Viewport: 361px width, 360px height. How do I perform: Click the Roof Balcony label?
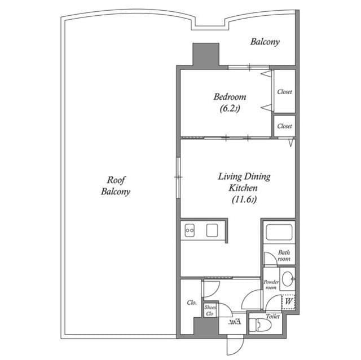tap(116, 185)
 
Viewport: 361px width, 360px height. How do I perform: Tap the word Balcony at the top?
tap(265, 42)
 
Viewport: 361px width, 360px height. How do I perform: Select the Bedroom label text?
tap(230, 96)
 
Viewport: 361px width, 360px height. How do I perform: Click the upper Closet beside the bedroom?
tap(284, 91)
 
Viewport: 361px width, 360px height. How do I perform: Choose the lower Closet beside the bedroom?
tap(284, 126)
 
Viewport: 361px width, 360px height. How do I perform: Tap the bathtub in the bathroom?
tap(278, 233)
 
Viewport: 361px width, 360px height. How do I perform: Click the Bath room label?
tap(284, 256)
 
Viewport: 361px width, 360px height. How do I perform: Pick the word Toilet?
tap(273, 317)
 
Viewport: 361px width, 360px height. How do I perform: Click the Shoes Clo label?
tap(210, 310)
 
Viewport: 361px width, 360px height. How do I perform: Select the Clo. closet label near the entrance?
tap(191, 303)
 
